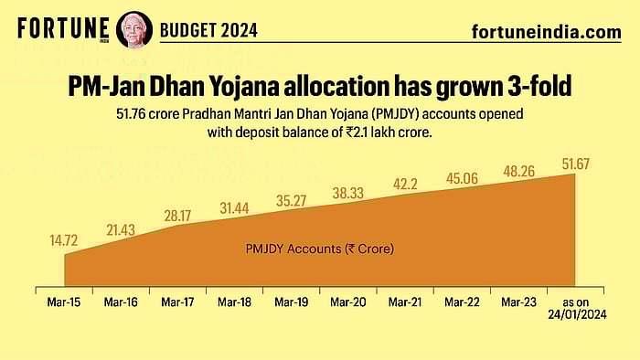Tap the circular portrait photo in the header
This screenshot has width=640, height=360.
pyautogui.click(x=130, y=29)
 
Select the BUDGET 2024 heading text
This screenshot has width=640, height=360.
pyautogui.click(x=209, y=30)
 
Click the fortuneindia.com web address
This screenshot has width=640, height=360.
pyautogui.click(x=546, y=32)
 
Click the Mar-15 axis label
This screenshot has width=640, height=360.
pyautogui.click(x=64, y=300)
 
